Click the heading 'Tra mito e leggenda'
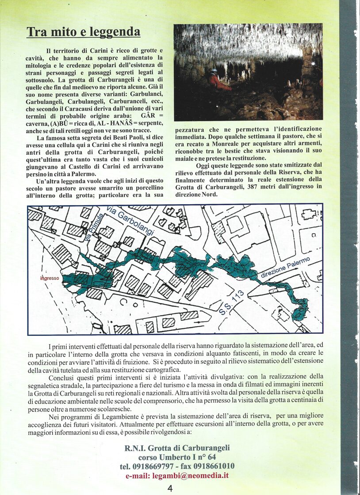[x=84, y=32]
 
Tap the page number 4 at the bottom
[x=170, y=488]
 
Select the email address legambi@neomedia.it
[x=190, y=476]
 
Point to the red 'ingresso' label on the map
[x=50, y=278]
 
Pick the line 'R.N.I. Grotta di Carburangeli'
[x=177, y=448]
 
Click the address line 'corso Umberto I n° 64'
[x=177, y=457]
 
